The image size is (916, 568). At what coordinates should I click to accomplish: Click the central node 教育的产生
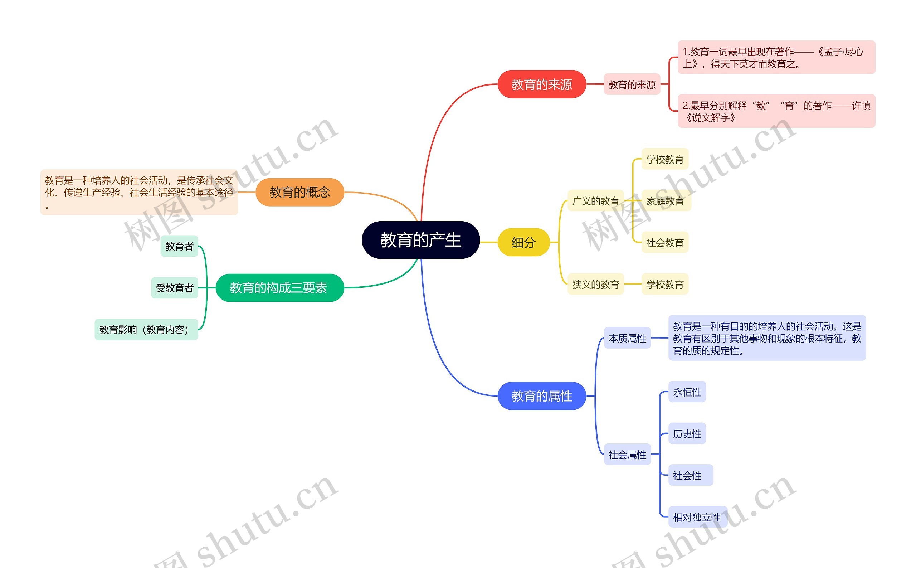pyautogui.click(x=420, y=240)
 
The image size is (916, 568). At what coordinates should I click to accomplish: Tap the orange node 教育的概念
pyautogui.click(x=299, y=192)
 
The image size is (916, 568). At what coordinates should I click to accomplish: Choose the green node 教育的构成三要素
pyautogui.click(x=279, y=288)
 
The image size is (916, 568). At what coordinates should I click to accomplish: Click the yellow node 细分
pyautogui.click(x=523, y=242)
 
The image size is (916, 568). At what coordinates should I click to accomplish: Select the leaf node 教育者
pyautogui.click(x=179, y=247)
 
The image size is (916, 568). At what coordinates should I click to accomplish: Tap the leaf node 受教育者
pyautogui.click(x=175, y=288)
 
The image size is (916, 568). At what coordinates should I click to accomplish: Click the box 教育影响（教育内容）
pyautogui.click(x=146, y=330)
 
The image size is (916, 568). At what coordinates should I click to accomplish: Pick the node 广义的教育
pyautogui.click(x=595, y=201)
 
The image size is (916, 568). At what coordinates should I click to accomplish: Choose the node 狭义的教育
pyautogui.click(x=595, y=285)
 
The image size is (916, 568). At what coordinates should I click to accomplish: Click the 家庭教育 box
pyautogui.click(x=665, y=201)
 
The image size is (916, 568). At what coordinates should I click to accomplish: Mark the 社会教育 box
pyautogui.click(x=664, y=243)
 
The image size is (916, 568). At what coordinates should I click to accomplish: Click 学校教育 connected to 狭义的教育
pyautogui.click(x=664, y=285)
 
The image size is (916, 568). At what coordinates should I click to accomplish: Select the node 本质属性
pyautogui.click(x=627, y=339)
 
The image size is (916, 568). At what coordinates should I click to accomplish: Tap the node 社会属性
pyautogui.click(x=627, y=455)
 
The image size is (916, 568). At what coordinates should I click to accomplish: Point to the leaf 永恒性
pyautogui.click(x=687, y=392)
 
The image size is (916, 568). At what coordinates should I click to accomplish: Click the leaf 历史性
pyautogui.click(x=687, y=434)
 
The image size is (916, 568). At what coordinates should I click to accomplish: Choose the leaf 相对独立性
pyautogui.click(x=697, y=517)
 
